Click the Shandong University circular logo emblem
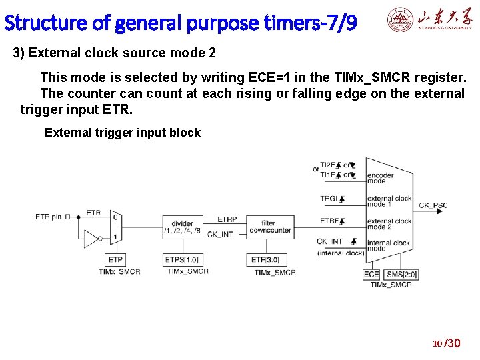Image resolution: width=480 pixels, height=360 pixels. (x=399, y=21)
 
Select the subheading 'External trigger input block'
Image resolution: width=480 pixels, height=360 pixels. (x=122, y=133)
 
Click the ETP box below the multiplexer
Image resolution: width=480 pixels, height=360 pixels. (x=115, y=260)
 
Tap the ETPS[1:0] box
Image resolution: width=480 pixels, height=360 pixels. (x=182, y=260)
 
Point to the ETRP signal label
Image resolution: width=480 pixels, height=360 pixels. (x=227, y=219)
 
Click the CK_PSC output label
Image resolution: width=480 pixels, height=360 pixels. (x=433, y=205)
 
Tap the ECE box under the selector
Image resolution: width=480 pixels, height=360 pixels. (x=371, y=274)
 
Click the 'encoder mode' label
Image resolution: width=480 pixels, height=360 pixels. (x=380, y=178)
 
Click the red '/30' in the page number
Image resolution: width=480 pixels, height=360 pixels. (x=453, y=343)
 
